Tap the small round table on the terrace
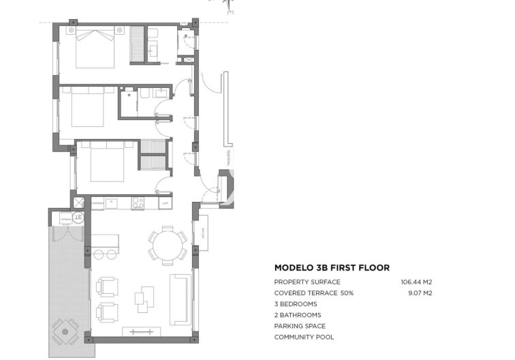click(x=65, y=331)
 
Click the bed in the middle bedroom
click(x=87, y=108)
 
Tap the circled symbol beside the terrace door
click(x=78, y=217)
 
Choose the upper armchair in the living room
click(x=108, y=285)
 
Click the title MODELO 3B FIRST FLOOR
click(x=332, y=268)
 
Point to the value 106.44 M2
click(x=417, y=282)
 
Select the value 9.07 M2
click(x=420, y=292)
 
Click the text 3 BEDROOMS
click(x=296, y=303)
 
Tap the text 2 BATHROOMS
click(x=298, y=315)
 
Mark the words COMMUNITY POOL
click(x=304, y=337)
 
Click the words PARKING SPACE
click(x=300, y=326)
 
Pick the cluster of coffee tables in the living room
click(x=144, y=296)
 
